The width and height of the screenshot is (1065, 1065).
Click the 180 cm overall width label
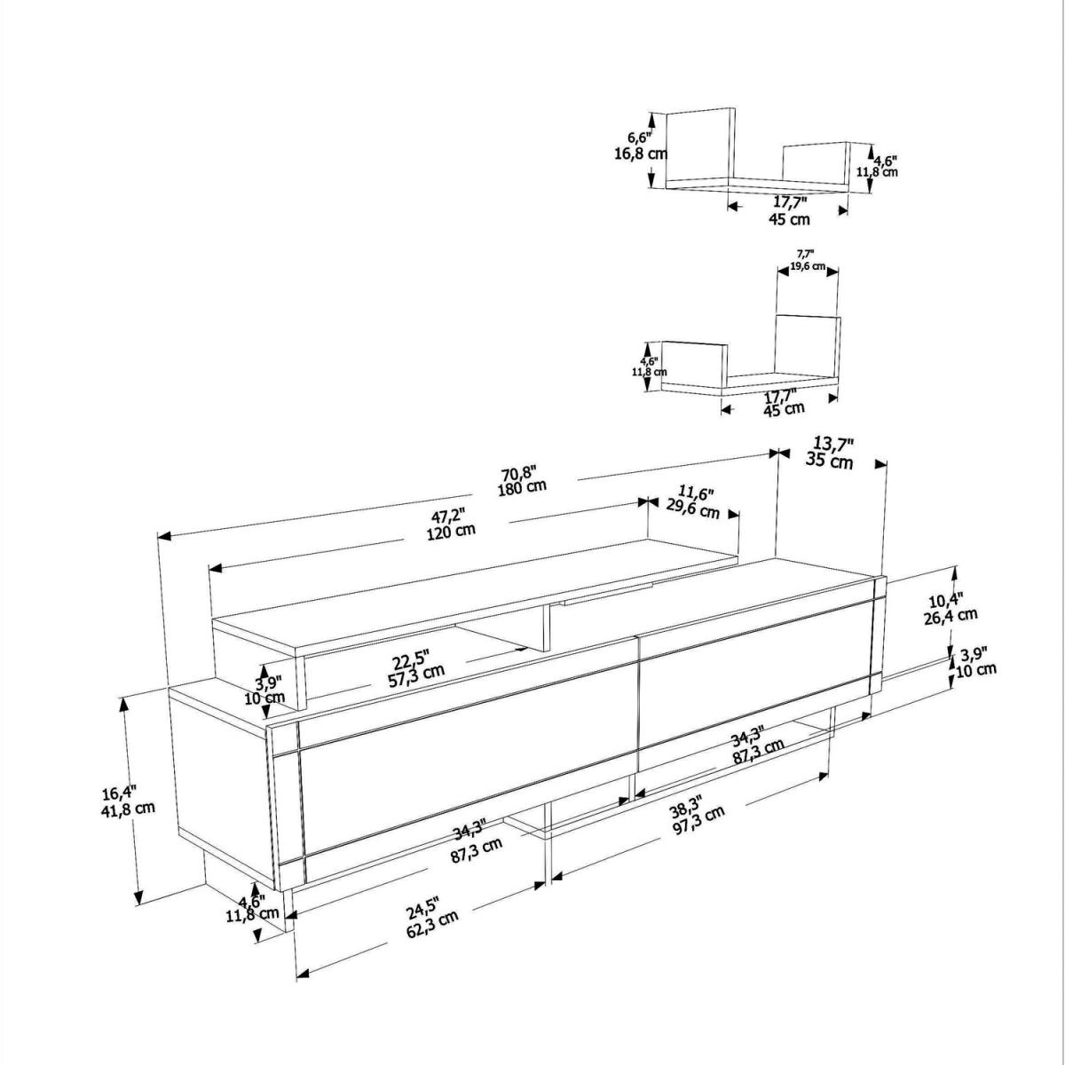(522, 487)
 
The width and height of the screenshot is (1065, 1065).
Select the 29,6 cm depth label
(693, 509)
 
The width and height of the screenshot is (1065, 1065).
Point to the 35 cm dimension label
(830, 460)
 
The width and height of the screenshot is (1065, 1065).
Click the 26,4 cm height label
(951, 616)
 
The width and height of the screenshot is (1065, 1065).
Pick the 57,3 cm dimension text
(416, 676)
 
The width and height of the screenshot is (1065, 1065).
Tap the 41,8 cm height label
(128, 808)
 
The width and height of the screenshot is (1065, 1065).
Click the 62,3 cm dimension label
(433, 925)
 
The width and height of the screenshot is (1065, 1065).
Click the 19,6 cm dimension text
(808, 266)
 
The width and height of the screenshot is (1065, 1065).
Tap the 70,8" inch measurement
(520, 473)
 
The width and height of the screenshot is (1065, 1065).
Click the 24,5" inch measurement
(422, 909)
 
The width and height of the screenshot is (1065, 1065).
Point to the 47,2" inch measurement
(449, 517)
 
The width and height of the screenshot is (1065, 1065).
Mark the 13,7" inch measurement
(834, 444)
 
